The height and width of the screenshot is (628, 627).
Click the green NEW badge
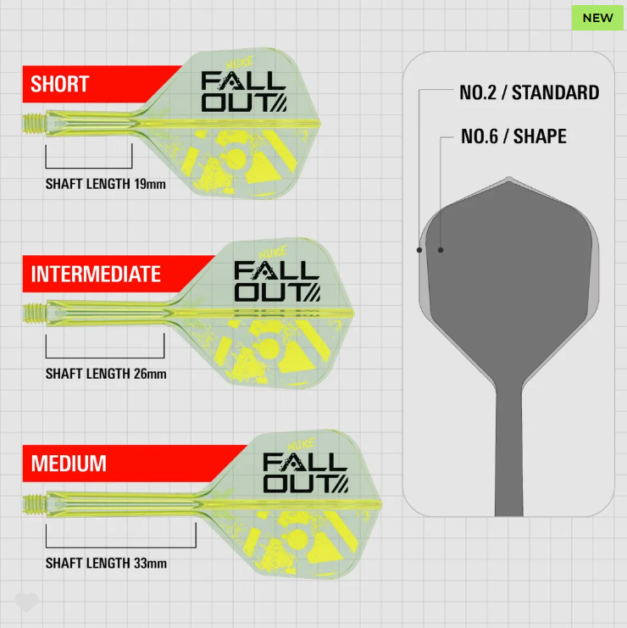click(x=597, y=18)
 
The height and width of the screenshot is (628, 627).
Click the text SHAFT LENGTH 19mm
click(x=106, y=184)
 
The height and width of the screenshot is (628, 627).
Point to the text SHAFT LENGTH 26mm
click(x=106, y=374)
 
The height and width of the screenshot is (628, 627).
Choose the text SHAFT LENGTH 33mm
click(x=106, y=563)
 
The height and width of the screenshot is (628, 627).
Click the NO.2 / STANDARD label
click(x=530, y=92)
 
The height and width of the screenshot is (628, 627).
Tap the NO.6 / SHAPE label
click(x=513, y=136)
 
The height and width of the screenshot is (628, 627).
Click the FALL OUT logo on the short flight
click(x=244, y=92)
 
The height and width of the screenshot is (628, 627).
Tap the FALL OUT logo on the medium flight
click(x=306, y=473)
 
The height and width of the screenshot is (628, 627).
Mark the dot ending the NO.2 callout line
click(x=419, y=250)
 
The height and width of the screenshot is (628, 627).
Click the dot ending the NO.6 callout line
click(x=441, y=250)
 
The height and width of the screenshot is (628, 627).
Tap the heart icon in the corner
click(x=26, y=602)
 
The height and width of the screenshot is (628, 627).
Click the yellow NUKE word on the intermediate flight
click(x=273, y=253)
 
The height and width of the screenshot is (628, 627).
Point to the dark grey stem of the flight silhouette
click(x=509, y=453)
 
